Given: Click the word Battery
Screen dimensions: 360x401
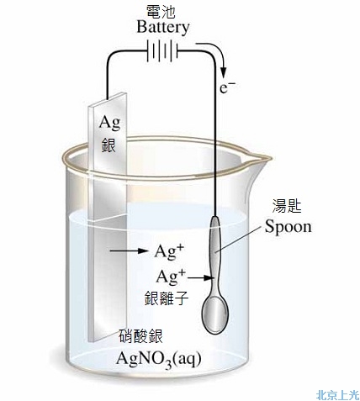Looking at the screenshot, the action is pyautogui.click(x=163, y=28).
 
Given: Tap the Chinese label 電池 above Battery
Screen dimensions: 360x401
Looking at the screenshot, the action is pyautogui.click(x=161, y=12).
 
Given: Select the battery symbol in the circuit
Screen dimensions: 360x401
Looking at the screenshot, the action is pyautogui.click(x=162, y=51).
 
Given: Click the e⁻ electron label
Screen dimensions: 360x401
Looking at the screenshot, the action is pyautogui.click(x=227, y=87).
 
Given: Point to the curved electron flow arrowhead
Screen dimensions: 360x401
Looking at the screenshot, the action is pyautogui.click(x=224, y=72).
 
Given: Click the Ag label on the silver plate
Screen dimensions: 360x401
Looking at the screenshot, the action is pyautogui.click(x=109, y=123).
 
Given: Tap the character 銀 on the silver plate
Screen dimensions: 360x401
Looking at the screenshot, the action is pyautogui.click(x=109, y=145).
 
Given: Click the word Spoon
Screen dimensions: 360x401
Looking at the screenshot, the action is pyautogui.click(x=289, y=227).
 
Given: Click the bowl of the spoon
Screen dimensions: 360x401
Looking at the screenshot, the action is pyautogui.click(x=215, y=314).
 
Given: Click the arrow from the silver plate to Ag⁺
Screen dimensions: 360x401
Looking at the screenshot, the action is pyautogui.click(x=129, y=251).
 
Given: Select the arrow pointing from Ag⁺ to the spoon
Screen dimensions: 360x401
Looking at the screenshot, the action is pyautogui.click(x=201, y=277).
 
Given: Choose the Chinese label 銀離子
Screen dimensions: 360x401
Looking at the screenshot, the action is pyautogui.click(x=167, y=298).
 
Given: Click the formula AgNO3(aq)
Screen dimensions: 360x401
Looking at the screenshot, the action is pyautogui.click(x=159, y=359).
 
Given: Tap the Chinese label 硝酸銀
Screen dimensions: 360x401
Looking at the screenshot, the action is pyautogui.click(x=141, y=336).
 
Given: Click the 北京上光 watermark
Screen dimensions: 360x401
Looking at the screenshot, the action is pyautogui.click(x=337, y=395).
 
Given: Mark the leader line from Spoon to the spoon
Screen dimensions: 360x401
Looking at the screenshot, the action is pyautogui.click(x=239, y=240).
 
